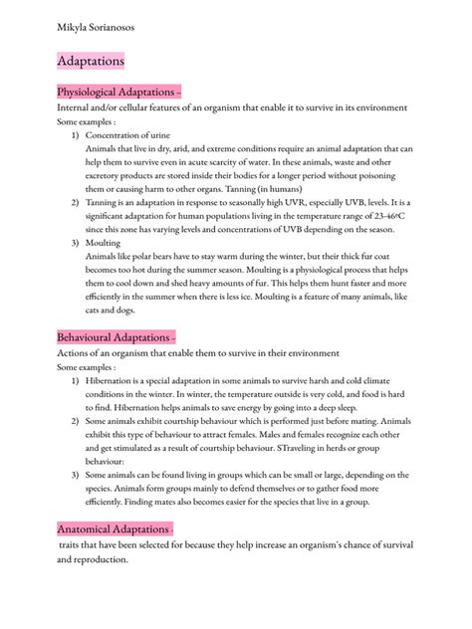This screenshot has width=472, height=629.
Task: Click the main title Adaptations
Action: pos(91,62)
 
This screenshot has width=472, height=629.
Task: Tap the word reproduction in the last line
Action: pos(101,560)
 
